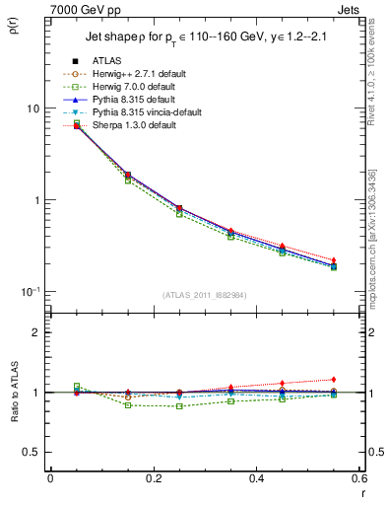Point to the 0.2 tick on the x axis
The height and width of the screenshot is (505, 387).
point(153,478)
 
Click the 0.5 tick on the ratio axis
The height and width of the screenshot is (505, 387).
point(38,452)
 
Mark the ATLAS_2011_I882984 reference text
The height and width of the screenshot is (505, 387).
point(205,295)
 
